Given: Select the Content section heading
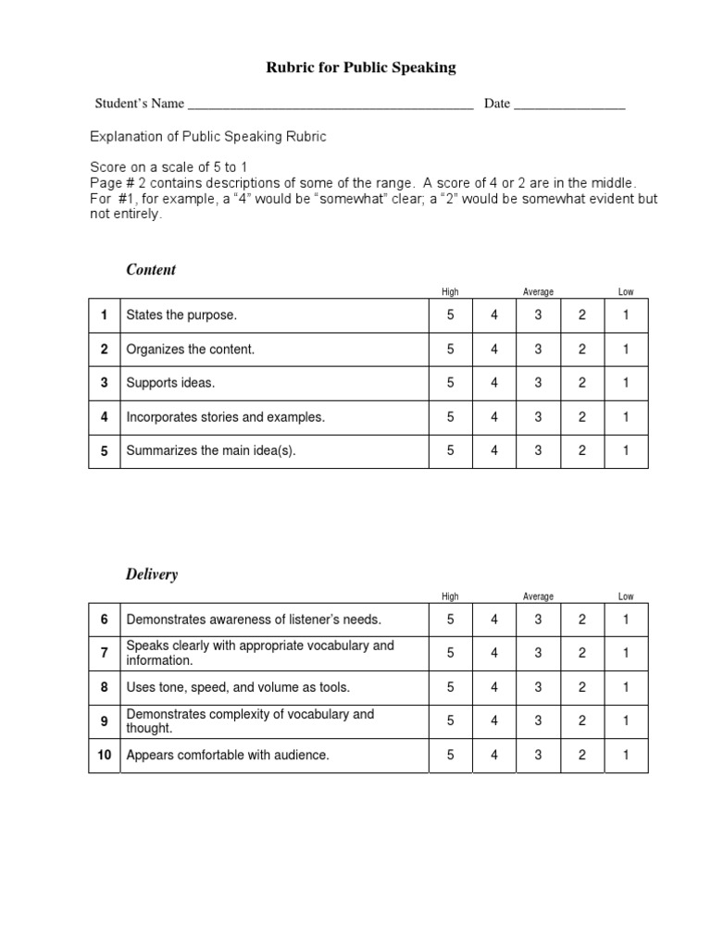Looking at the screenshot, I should click(x=151, y=270).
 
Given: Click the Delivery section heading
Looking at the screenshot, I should click(x=152, y=574).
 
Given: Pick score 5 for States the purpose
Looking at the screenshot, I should click(x=451, y=315).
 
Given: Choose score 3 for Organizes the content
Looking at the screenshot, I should click(x=539, y=350).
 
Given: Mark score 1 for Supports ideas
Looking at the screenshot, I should click(x=626, y=383).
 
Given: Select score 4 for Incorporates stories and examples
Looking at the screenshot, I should click(x=494, y=417).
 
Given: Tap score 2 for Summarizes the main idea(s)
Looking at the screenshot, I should click(x=582, y=451).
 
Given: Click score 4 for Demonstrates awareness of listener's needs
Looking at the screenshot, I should click(x=494, y=620).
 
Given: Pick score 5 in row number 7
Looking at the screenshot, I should click(x=451, y=653).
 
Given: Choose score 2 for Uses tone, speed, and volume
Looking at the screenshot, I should click(x=582, y=687).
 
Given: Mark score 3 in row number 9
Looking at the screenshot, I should click(x=539, y=721).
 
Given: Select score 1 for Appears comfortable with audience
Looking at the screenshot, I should click(x=626, y=756).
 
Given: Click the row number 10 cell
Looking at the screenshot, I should click(x=105, y=756).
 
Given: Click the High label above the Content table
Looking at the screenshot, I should click(x=450, y=292).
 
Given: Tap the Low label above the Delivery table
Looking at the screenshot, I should click(x=626, y=597).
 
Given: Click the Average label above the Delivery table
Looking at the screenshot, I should click(x=538, y=597).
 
